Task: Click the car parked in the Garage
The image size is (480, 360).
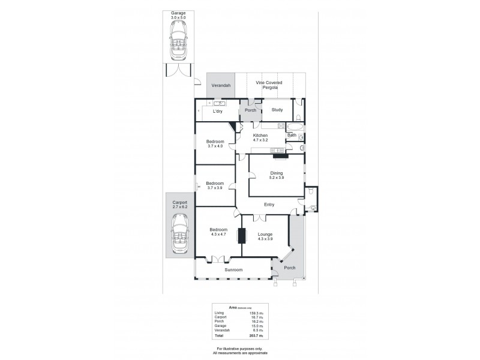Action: point(178,47)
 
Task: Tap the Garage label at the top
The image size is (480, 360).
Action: point(178,12)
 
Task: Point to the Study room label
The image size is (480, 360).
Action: point(277,110)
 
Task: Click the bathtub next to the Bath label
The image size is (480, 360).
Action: point(294,127)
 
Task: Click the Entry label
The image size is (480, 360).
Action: point(269,205)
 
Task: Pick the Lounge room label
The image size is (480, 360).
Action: point(265,234)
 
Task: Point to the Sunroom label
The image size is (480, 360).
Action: point(233,270)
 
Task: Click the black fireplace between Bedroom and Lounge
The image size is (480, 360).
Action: point(242,235)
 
